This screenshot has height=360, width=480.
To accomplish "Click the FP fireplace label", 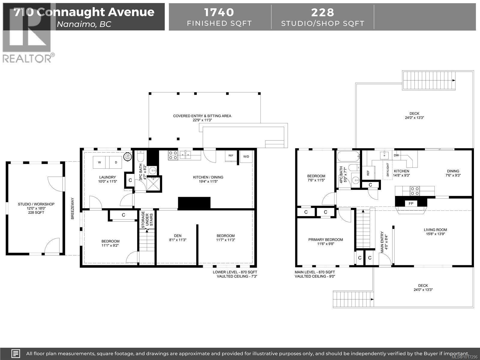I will coord(411,203).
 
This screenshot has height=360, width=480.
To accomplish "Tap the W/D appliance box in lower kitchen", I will coord(246,156).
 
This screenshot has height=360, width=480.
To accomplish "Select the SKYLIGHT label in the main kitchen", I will coord(388,169).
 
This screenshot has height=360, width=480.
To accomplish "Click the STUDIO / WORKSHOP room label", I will coord(36,204).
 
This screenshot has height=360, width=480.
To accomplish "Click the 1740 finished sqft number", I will coord(219,12).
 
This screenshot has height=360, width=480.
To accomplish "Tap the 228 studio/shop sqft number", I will coord(322,12).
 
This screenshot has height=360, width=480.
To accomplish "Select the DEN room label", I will coord(178,235).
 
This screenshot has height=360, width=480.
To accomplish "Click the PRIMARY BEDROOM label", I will coord(325,239).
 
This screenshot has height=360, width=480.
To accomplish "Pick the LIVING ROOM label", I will coord(435,230).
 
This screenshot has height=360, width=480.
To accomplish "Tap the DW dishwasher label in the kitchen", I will coord(396,155).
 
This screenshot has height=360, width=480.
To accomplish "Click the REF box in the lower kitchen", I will coord(231,156).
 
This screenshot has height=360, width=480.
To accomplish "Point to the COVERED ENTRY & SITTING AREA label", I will coord(202,116).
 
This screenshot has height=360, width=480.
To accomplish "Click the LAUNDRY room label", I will coord(107,177).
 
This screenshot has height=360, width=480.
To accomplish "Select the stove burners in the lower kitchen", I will coord(173,155).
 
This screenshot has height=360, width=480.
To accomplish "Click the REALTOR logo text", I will coord(27,58).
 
